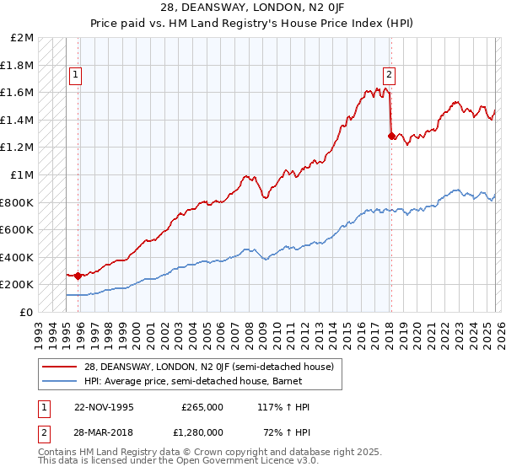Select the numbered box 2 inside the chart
[390, 72]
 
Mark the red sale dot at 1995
[78, 276]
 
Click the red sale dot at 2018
[390, 136]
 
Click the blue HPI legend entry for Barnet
[181, 381]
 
